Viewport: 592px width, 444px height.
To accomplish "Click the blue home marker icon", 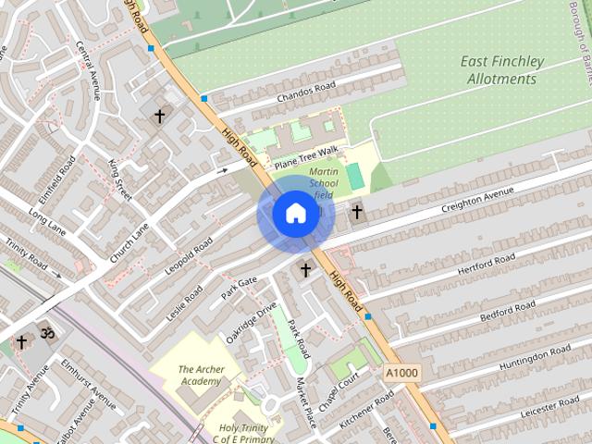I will (x=295, y=214).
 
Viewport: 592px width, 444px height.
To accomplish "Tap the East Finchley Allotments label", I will (x=502, y=70).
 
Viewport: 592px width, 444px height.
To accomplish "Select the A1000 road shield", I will (x=401, y=372).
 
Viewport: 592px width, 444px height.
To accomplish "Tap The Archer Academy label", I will (x=200, y=375).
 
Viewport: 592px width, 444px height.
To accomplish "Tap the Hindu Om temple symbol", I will (x=44, y=331).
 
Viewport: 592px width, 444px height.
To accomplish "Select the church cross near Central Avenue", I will (x=159, y=117).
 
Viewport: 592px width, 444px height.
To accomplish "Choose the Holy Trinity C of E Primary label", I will (x=246, y=434).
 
